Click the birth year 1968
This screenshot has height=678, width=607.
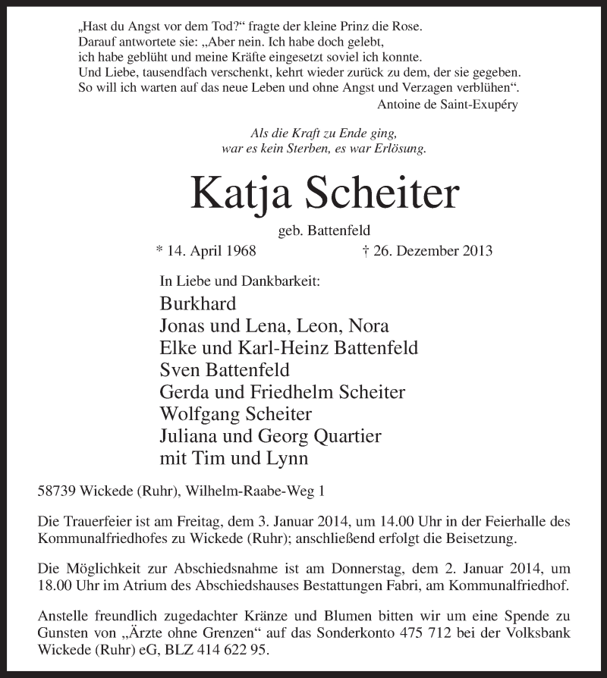coord(241,250)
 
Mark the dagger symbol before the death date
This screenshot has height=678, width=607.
coord(366,250)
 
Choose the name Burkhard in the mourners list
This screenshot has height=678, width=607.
coord(198,304)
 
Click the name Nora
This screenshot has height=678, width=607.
coord(368,326)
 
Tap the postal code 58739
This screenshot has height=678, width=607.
coord(57,491)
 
